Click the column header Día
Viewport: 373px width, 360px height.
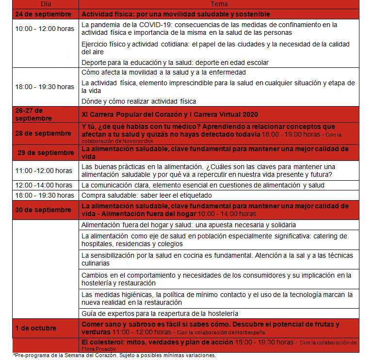coord(45,4)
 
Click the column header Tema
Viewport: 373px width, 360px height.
coord(219,4)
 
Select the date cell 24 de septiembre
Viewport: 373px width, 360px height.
coord(46,14)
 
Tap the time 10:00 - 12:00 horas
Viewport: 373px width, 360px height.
coord(45,29)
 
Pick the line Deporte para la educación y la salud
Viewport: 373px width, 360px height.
coord(175,63)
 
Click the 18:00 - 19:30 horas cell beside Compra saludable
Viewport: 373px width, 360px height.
coord(45,195)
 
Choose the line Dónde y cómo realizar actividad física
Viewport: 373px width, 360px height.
coord(139,101)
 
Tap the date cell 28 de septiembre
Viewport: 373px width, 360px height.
coord(46,133)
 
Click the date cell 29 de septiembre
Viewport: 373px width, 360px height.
coord(46,153)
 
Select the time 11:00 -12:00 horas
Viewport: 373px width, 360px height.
coord(44,171)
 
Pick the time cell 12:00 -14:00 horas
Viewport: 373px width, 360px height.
coord(45,185)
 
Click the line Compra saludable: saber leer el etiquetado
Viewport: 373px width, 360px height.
coord(146,195)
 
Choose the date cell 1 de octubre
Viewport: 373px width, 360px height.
coord(35,328)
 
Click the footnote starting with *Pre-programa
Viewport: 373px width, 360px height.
coord(114,355)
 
